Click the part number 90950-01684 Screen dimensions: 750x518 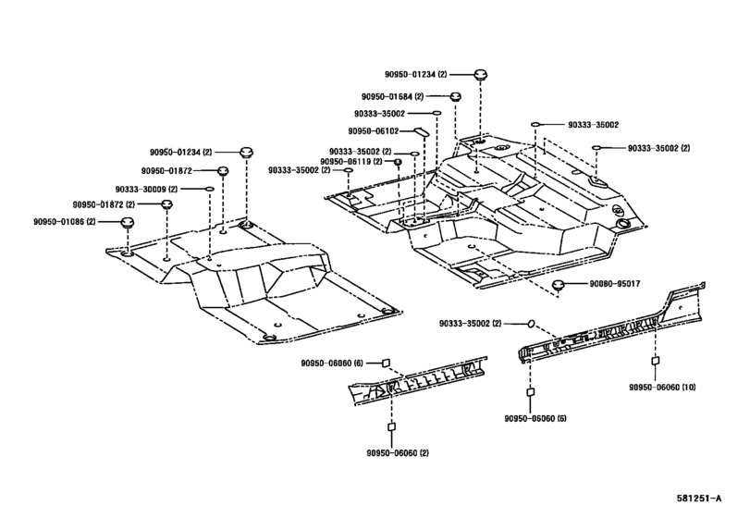[387, 96]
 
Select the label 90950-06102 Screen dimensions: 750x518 [373, 131]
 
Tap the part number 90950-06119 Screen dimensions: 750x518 [345, 162]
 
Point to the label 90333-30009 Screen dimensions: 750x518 [141, 190]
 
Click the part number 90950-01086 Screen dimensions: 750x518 [59, 222]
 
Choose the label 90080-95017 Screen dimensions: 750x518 [615, 284]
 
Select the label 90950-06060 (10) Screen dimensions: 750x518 [662, 388]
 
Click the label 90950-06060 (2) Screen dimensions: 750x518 [398, 453]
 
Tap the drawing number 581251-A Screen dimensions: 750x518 [699, 499]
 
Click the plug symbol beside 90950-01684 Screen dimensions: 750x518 [455, 96]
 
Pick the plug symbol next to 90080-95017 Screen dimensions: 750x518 [558, 285]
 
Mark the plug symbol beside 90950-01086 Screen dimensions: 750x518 [127, 222]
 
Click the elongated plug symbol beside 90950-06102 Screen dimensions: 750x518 [421, 130]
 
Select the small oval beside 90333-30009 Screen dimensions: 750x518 [210, 190]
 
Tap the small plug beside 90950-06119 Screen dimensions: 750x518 [397, 162]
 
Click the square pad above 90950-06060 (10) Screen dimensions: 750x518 [656, 361]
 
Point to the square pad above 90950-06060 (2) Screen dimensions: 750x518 [391, 426]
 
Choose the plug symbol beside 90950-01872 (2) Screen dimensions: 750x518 [166, 204]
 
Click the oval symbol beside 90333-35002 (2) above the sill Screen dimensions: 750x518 [531, 324]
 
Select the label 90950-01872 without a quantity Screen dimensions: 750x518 [166, 171]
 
